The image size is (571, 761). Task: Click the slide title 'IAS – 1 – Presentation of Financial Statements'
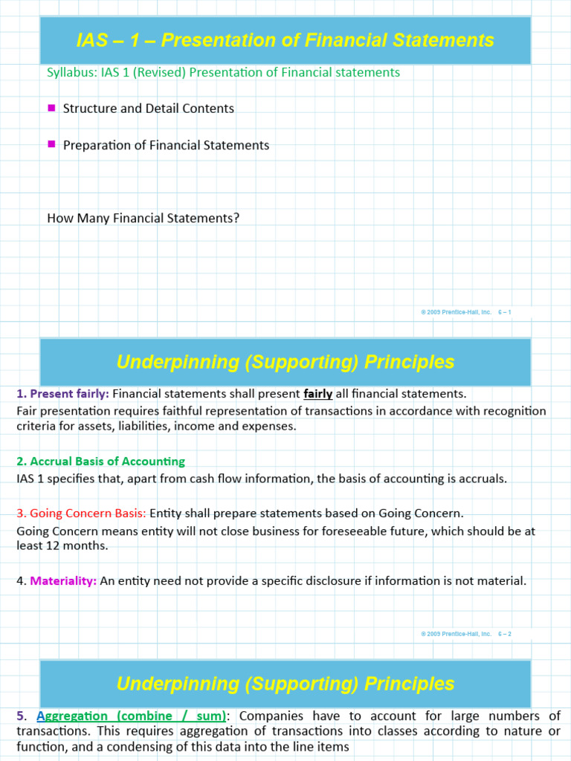tap(285, 40)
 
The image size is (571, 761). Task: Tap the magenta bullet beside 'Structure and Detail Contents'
tap(51, 108)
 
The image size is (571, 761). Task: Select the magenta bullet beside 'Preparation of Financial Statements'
tap(51, 144)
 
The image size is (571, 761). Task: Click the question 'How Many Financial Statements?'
tap(143, 218)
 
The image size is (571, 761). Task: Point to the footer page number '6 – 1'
tap(504, 312)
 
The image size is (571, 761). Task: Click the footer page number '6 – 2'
tap(504, 634)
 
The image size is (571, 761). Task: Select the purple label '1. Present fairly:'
tap(62, 394)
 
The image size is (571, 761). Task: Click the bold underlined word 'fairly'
tap(318, 394)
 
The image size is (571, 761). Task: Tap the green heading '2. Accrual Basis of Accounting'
tap(101, 462)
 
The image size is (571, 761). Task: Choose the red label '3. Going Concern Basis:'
tap(82, 514)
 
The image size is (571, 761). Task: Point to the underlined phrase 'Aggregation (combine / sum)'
tap(132, 716)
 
